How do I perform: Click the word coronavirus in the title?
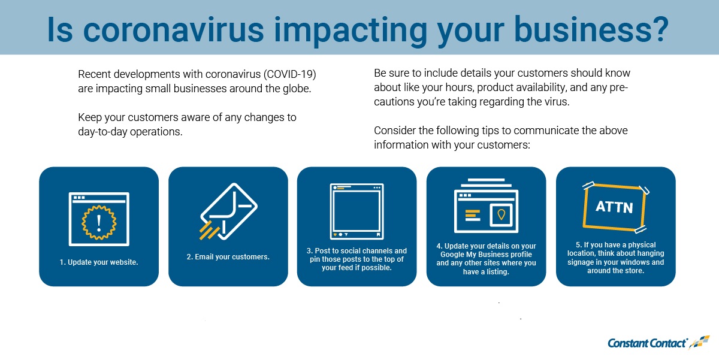173,30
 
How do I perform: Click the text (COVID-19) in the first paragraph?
290,74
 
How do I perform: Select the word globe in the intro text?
297,89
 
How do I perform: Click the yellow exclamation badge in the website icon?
99,222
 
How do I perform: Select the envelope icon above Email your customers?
229,211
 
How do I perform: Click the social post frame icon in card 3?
357,211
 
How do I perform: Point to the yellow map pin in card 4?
501,214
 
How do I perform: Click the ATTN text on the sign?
614,207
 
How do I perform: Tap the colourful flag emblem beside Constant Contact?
700,342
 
